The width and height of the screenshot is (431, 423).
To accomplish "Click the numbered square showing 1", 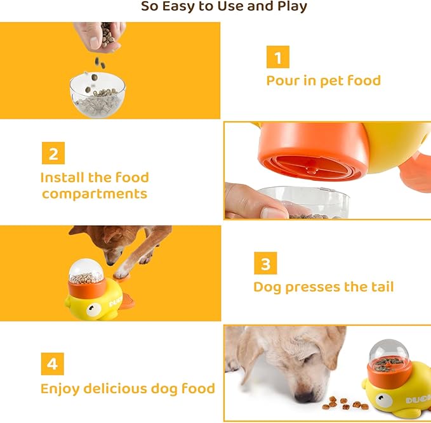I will tap(277, 58).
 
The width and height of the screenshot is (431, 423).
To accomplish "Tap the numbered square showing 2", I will tap(53, 153).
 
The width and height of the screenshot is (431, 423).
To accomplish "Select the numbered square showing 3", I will tap(265, 263).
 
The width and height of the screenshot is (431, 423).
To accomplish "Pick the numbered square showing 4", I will tap(53, 364).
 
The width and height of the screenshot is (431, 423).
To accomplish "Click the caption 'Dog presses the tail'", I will tap(323, 287).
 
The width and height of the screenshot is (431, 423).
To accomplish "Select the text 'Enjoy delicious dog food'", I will tap(128, 388).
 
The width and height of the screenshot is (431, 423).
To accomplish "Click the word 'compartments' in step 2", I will tap(95, 194).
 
